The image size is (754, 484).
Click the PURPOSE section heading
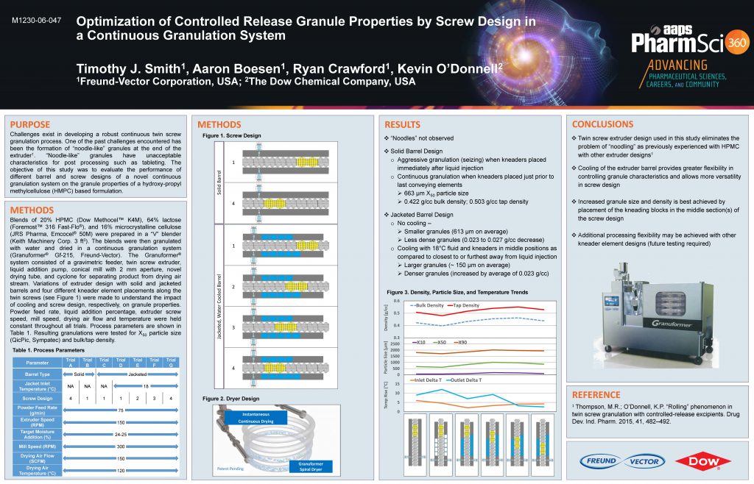30,124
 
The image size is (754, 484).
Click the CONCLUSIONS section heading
602,124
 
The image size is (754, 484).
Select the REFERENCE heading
596,394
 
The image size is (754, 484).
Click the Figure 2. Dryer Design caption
230,398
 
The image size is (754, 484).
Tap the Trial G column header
171,361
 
